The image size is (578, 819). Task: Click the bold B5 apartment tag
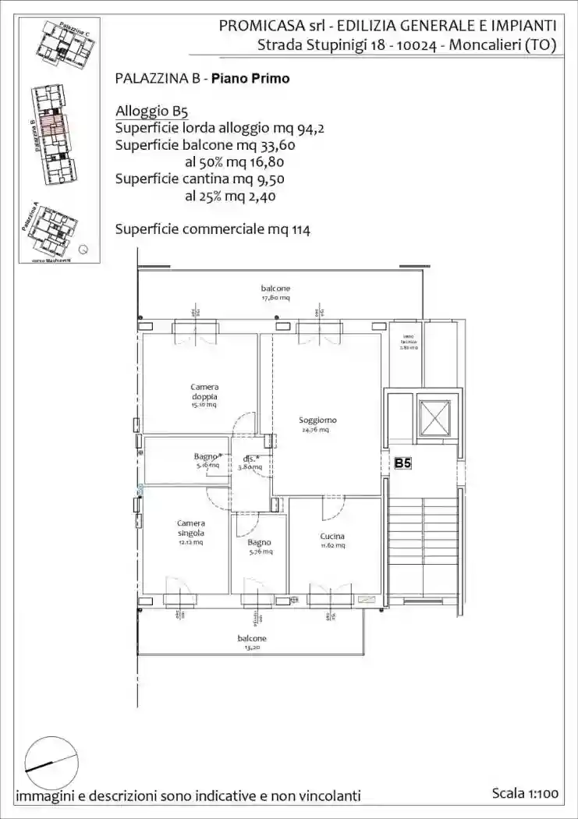pos(402,463)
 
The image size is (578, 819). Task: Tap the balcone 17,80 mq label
pos(275,292)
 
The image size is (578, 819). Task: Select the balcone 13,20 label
pos(251,642)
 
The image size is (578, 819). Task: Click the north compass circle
pos(51,763)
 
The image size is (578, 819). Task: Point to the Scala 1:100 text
pos(525,793)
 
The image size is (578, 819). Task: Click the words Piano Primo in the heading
pos(256,79)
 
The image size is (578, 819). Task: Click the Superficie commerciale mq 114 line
pos(212,229)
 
